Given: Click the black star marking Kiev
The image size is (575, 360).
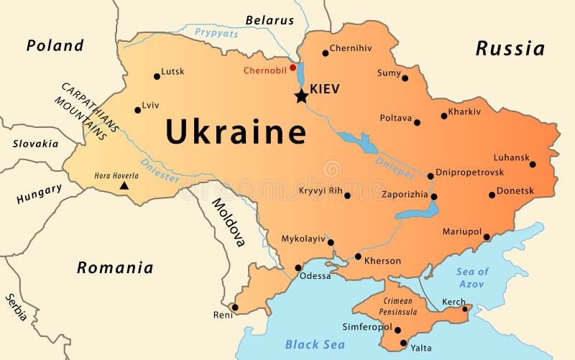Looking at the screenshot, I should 301,96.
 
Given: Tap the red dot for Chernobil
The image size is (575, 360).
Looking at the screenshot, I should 293,68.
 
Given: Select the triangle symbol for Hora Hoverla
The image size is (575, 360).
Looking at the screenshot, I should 124,185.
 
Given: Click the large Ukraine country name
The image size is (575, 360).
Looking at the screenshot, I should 236,132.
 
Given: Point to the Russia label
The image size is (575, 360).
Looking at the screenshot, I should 510,49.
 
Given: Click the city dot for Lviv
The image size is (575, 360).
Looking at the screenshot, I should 137,110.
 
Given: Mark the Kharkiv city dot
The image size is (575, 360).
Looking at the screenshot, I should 444,116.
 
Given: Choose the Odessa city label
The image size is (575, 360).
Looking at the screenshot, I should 316,276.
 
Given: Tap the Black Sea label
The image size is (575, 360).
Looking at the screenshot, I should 315,344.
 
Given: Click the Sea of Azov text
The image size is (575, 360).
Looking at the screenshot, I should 472,277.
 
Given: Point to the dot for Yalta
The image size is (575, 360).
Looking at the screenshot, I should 403,343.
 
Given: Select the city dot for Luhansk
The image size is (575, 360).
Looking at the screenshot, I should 533,165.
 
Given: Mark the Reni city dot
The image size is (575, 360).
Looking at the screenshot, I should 234,307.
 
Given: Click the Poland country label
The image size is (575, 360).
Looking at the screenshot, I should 55,45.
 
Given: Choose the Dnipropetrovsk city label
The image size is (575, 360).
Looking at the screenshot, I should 469,172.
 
